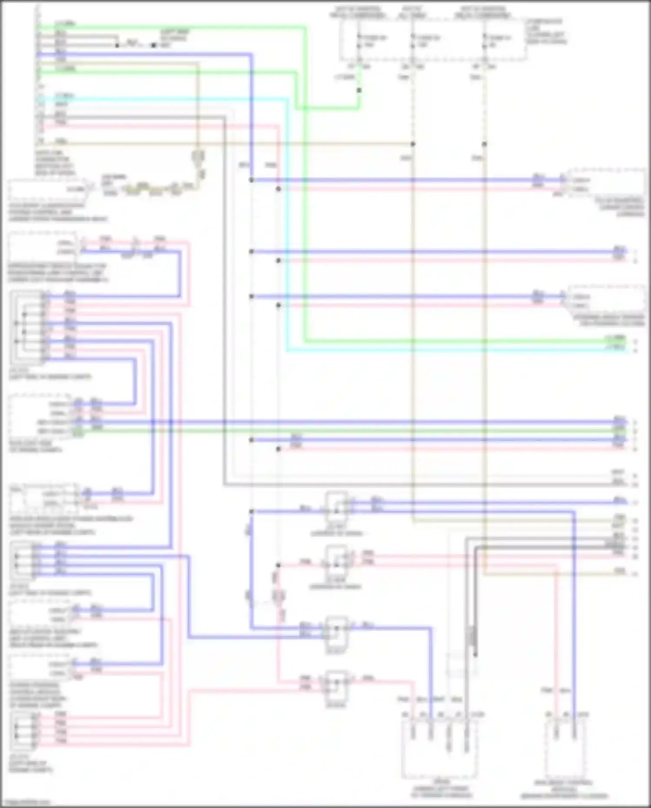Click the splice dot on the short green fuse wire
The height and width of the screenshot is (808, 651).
[359, 90]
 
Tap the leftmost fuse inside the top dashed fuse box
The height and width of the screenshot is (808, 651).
[359, 41]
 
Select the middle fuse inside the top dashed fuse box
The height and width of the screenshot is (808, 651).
[412, 41]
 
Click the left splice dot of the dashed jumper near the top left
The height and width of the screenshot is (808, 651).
[117, 45]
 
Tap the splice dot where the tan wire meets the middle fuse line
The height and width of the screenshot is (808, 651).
[413, 144]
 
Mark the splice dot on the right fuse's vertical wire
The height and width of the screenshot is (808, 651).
[484, 144]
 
